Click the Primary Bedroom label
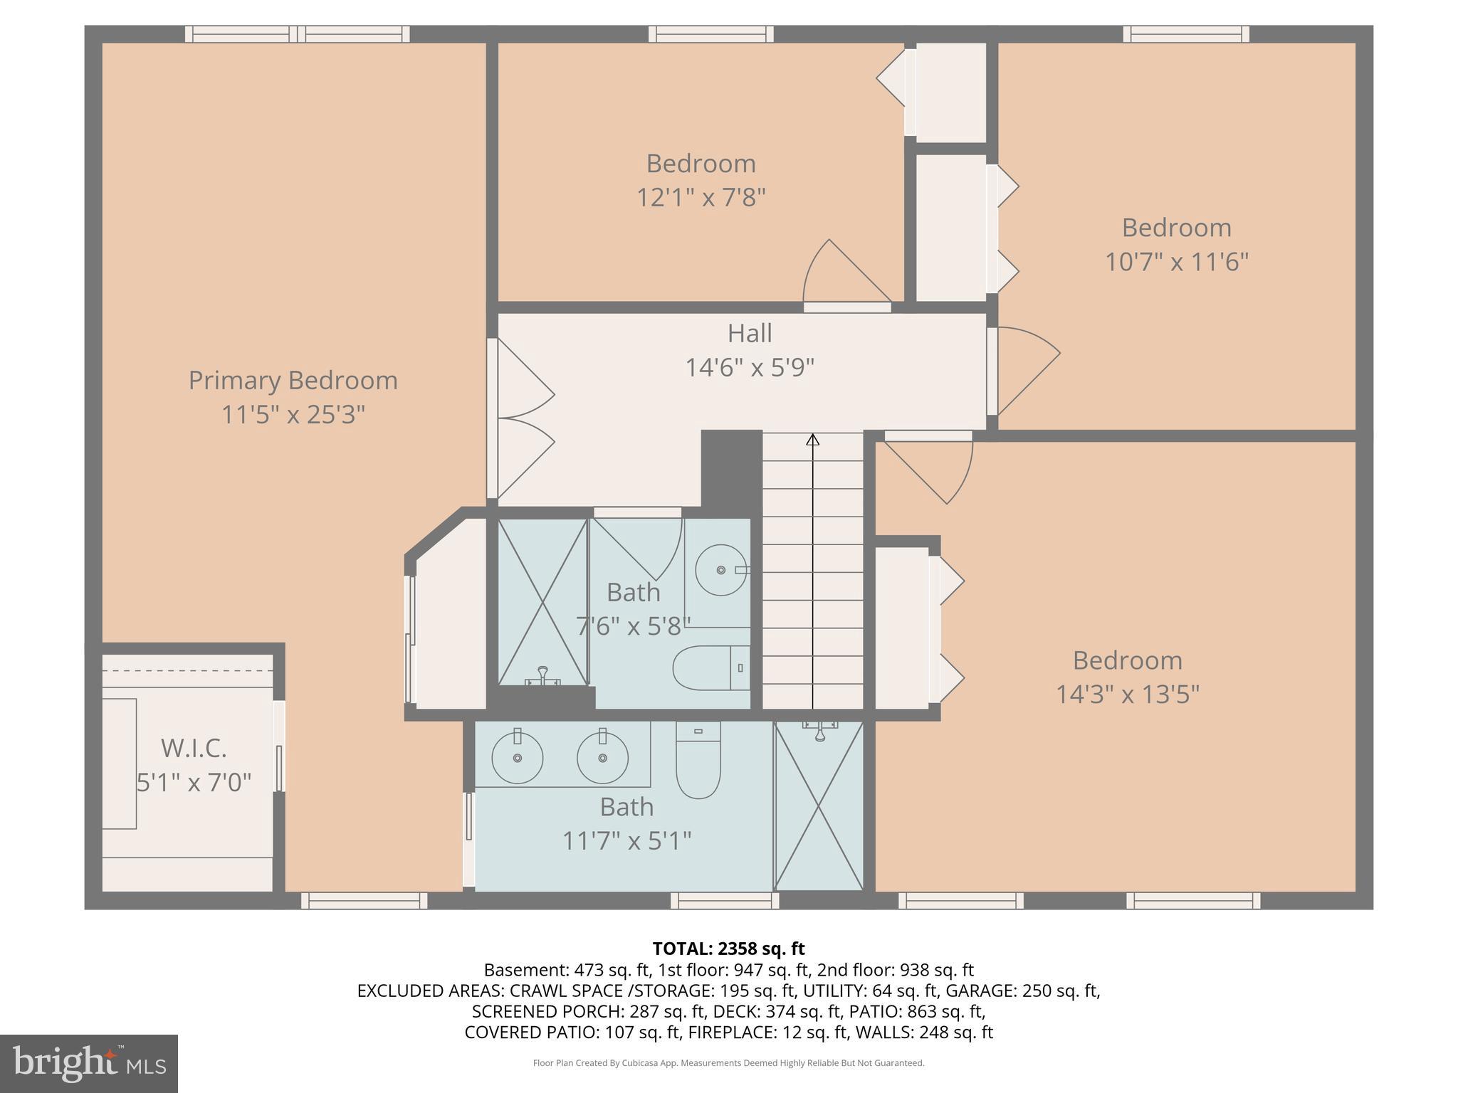293,380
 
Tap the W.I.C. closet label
194,748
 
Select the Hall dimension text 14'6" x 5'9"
749,367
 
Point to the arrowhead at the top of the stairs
812,440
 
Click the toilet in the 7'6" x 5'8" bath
710,668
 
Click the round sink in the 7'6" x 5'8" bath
721,570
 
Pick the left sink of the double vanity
518,758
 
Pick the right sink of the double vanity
602,758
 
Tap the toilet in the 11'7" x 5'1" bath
698,765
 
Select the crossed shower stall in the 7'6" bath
543,602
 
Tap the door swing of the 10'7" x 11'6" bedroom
1025,370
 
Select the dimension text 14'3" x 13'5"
1127,694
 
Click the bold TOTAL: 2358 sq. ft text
728,949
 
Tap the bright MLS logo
89,1063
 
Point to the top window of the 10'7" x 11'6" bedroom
1186,33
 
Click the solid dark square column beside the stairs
731,466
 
